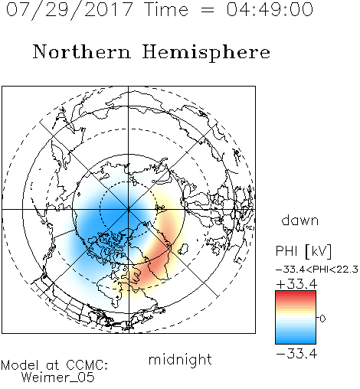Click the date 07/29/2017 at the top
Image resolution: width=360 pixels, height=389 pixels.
[x=70, y=10]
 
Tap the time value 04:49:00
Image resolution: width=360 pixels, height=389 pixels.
[x=270, y=9]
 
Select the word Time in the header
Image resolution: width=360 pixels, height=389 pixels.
[x=166, y=9]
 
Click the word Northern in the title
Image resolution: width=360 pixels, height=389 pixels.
[x=82, y=51]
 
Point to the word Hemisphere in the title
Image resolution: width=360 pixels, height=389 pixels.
[x=206, y=53]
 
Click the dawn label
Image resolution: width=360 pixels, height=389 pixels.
[x=300, y=220]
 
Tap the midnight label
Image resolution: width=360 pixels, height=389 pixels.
[x=180, y=360]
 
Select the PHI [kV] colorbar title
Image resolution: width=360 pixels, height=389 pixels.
[x=303, y=251]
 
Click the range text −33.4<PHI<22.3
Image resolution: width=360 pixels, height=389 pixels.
[x=317, y=270]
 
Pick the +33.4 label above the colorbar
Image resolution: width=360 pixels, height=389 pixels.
[x=296, y=284]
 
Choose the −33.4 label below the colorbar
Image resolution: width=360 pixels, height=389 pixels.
[x=296, y=354]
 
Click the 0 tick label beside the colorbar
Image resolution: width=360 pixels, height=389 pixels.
[x=322, y=319]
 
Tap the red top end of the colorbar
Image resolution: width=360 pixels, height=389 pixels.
[x=296, y=293]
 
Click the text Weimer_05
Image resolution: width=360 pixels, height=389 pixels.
[x=58, y=378]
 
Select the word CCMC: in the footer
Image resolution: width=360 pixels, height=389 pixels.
[x=87, y=365]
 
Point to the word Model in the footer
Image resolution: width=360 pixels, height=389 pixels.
[x=20, y=365]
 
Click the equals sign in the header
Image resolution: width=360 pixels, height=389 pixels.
[x=208, y=10]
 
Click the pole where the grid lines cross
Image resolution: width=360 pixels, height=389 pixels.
[x=128, y=209]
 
